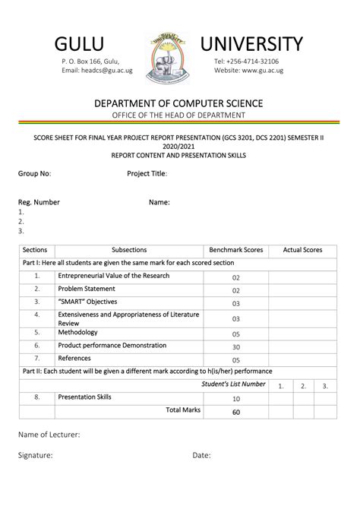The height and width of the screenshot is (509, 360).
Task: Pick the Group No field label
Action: (x=34, y=173)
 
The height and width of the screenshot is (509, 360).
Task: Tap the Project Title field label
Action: (x=147, y=173)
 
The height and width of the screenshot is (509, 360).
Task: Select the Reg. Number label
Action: (x=39, y=203)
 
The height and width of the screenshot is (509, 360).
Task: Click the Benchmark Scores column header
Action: (x=235, y=250)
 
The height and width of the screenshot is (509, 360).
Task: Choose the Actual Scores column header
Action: (x=302, y=250)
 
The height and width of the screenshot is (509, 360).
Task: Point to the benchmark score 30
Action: (x=236, y=347)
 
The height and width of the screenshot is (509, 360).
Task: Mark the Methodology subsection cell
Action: (x=78, y=332)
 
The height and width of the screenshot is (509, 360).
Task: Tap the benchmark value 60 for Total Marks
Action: (x=236, y=413)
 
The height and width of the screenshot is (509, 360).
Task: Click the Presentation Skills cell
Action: (x=85, y=397)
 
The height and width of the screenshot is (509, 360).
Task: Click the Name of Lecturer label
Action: (x=49, y=435)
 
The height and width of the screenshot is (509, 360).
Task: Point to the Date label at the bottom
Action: (x=201, y=455)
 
